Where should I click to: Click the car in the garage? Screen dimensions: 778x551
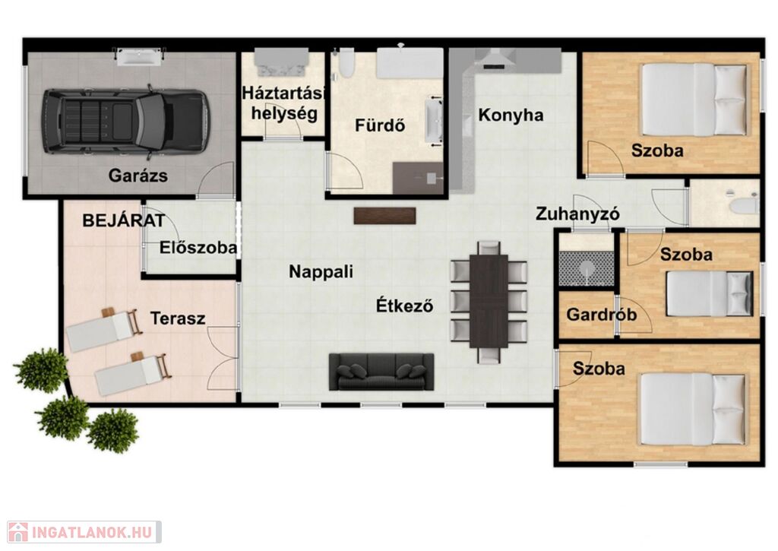tap(125, 121)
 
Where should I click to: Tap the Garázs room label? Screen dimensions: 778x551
tap(138, 176)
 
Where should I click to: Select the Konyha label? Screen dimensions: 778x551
tap(511, 115)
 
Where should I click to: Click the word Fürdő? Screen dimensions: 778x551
tap(380, 125)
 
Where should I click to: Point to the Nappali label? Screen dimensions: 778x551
tap(321, 271)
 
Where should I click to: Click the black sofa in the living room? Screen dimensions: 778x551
tap(381, 372)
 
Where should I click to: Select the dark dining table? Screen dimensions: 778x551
tap(489, 301)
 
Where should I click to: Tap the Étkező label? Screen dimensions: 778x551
tap(404, 305)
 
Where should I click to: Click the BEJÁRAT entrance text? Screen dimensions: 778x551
tap(123, 220)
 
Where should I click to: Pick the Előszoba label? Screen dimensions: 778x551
tap(198, 247)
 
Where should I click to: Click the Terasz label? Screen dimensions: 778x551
tap(178, 318)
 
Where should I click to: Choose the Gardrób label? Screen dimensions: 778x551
tap(602, 314)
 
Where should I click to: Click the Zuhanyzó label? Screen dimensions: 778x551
tap(577, 214)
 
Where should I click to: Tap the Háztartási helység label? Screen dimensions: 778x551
tap(284, 103)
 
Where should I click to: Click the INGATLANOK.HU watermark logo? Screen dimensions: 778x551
tap(84, 532)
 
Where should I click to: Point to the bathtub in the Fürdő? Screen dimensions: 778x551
tap(410, 63)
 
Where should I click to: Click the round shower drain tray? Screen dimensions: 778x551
tap(587, 268)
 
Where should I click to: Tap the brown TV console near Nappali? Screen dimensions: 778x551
tap(384, 216)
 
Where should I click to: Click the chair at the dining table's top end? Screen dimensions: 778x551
tap(489, 247)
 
